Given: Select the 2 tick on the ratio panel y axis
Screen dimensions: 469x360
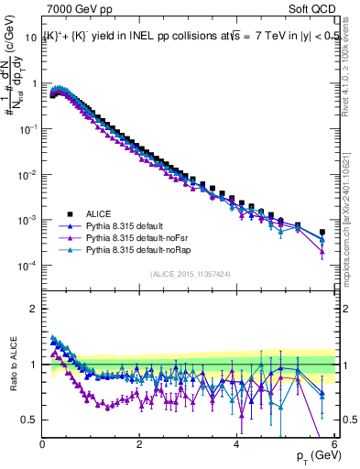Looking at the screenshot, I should point(34,308).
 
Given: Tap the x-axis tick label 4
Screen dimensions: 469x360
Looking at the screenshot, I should point(236,445).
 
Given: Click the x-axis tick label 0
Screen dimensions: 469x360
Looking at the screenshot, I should point(42,445).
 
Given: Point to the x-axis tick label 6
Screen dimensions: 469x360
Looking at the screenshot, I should point(333,445).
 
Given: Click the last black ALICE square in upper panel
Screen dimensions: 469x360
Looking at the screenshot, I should point(322,233).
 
